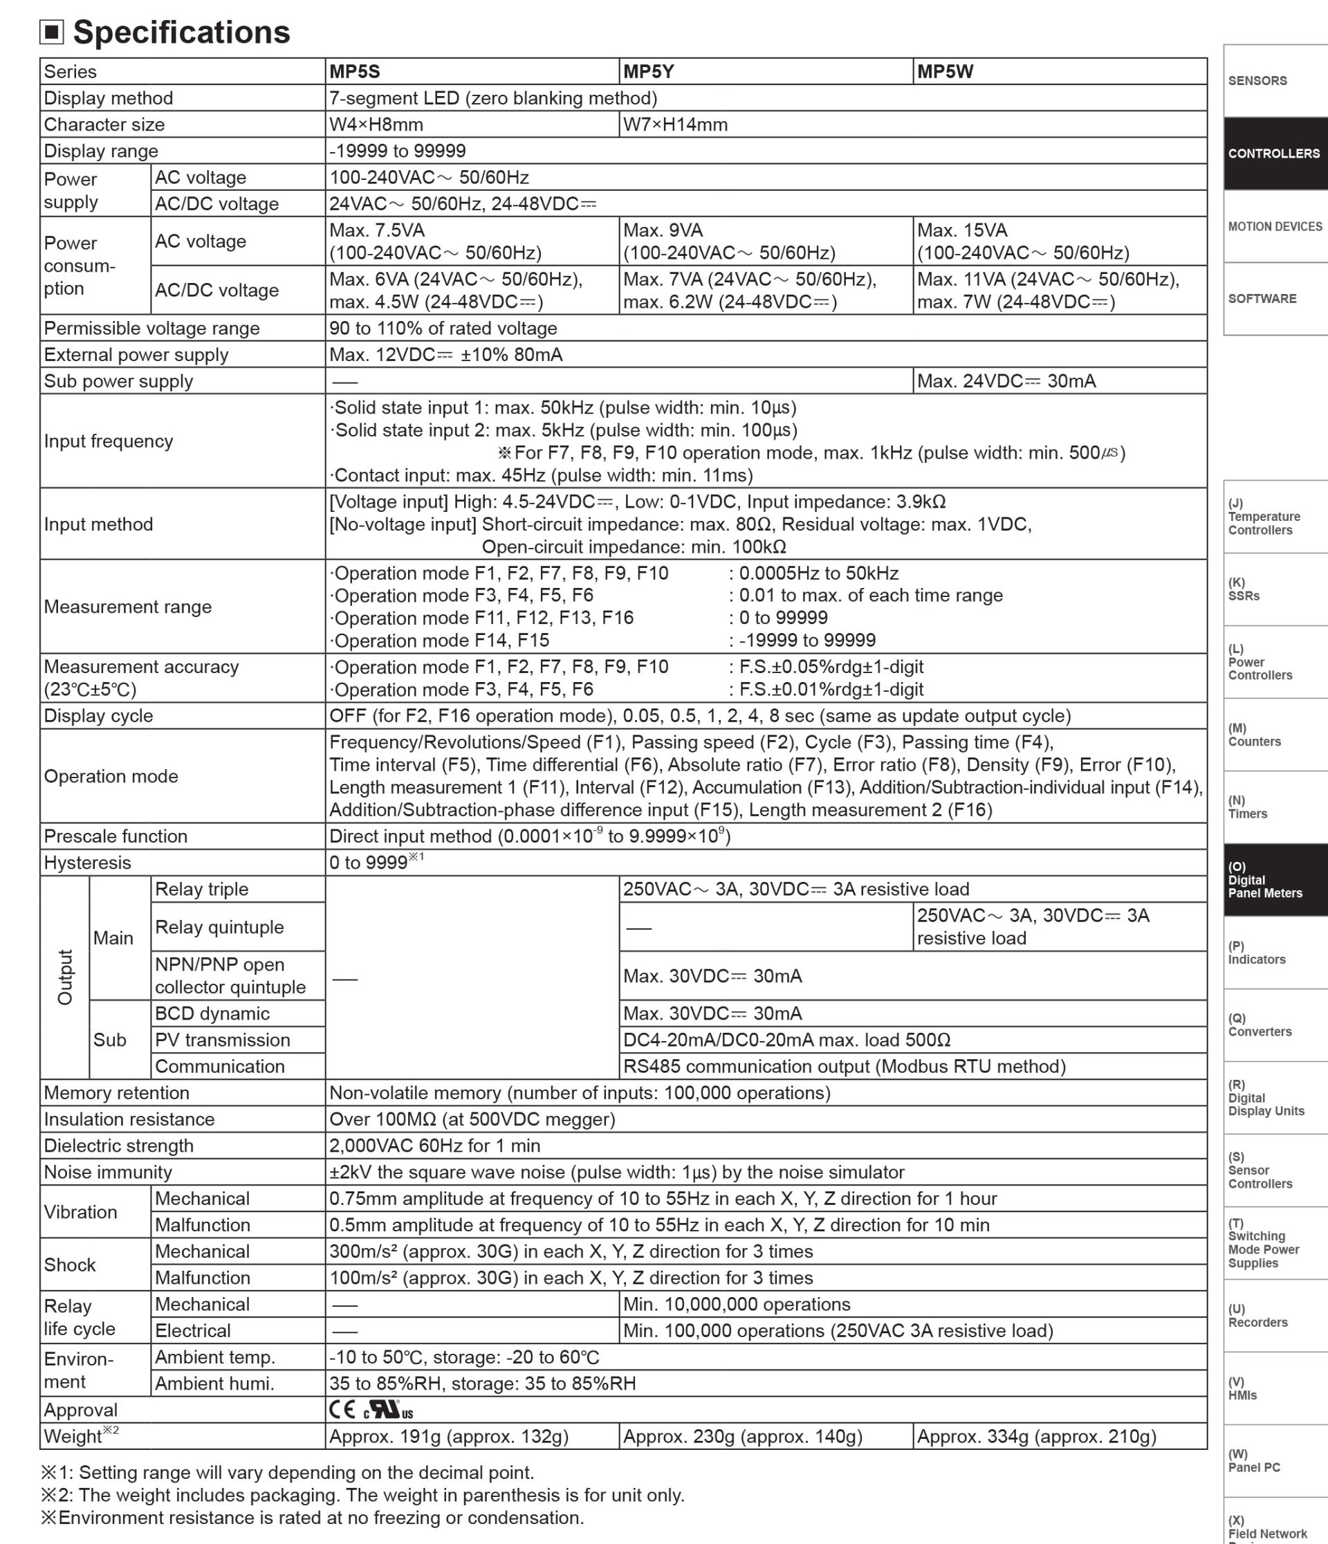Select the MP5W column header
pyautogui.click(x=945, y=71)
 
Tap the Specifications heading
pyautogui.click(x=181, y=32)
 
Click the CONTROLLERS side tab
pyautogui.click(x=1274, y=154)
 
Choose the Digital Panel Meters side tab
pyautogui.click(x=1274, y=880)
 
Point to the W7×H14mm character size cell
pyautogui.click(x=675, y=125)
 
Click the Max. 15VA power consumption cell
pyautogui.click(x=1023, y=241)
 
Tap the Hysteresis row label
pyautogui.click(x=87, y=863)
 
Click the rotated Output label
pyautogui.click(x=66, y=977)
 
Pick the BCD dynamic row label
pyautogui.click(x=212, y=1013)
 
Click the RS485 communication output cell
pyautogui.click(x=845, y=1067)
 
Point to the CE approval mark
pyautogui.click(x=342, y=1409)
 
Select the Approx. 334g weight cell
pyautogui.click(x=1037, y=1436)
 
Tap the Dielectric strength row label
pyautogui.click(x=118, y=1146)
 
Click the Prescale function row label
pyautogui.click(x=116, y=836)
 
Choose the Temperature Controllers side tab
pyautogui.click(x=1274, y=517)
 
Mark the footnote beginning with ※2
pyautogui.click(x=362, y=1495)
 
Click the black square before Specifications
pyautogui.click(x=51, y=32)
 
